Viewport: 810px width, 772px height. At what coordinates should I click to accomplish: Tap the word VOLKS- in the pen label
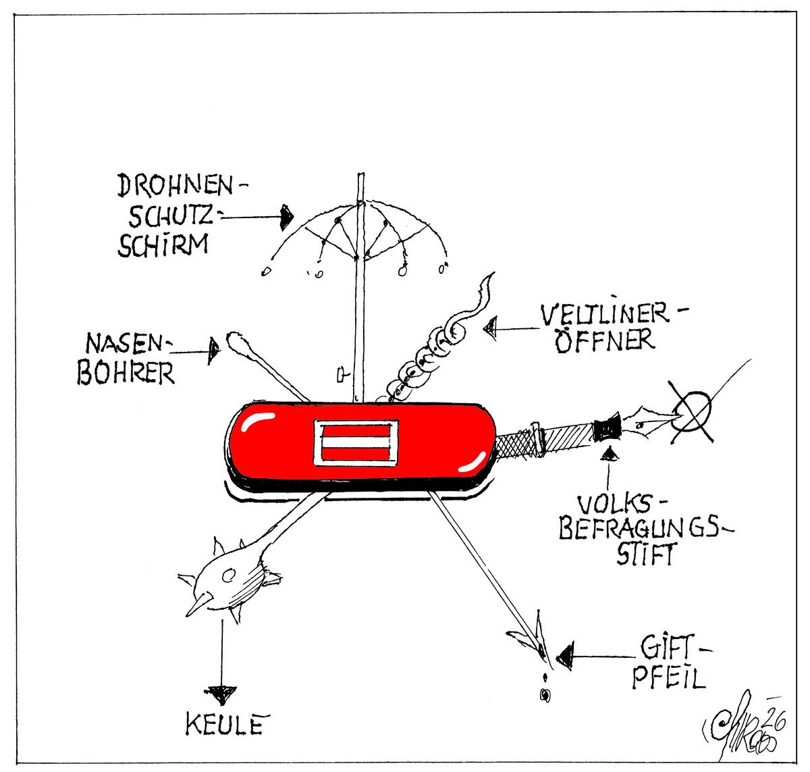(614, 503)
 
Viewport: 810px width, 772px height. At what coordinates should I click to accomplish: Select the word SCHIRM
(162, 244)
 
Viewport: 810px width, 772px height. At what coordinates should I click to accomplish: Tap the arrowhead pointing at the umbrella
(286, 215)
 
